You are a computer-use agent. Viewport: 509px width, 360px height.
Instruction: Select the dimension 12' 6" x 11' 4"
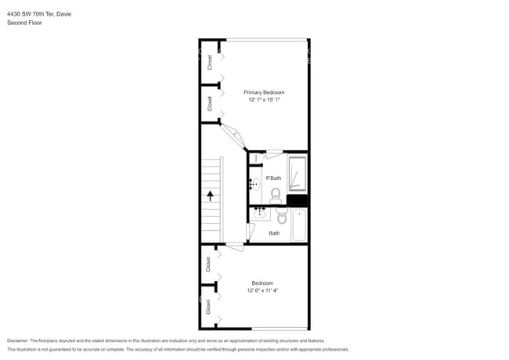[x=262, y=290]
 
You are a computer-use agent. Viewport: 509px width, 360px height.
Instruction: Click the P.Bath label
[x=273, y=178]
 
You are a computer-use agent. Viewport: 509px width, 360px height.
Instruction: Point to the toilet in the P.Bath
[x=275, y=196]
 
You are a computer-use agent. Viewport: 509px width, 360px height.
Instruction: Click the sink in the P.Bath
[x=254, y=185]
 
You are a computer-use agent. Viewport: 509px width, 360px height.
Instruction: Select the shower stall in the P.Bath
[x=297, y=174]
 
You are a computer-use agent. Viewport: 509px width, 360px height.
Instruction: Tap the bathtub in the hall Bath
[x=298, y=224]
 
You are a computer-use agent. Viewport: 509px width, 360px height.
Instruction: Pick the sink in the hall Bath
[x=259, y=212]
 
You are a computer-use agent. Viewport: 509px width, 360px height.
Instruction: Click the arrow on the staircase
[x=210, y=196]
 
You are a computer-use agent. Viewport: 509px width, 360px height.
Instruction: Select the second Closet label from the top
[x=210, y=103]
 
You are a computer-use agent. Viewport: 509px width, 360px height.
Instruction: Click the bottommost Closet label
[x=209, y=308]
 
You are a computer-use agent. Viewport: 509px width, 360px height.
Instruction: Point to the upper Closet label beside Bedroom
[x=209, y=265]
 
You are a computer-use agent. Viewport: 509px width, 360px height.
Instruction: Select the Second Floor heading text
[x=24, y=23]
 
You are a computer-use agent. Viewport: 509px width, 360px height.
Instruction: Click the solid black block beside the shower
[x=297, y=200]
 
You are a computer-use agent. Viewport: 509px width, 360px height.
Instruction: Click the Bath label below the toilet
[x=274, y=233]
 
